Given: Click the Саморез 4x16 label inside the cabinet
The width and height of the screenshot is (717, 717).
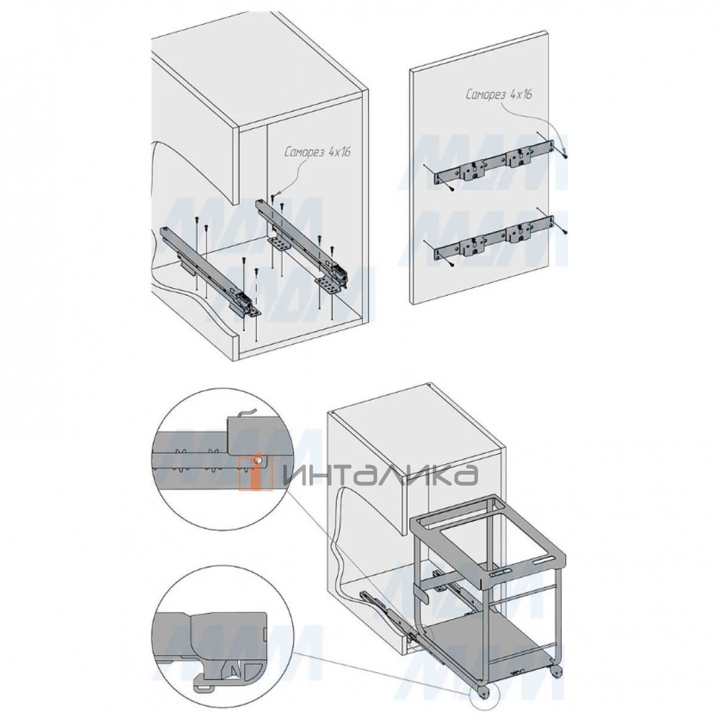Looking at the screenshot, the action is point(318,152).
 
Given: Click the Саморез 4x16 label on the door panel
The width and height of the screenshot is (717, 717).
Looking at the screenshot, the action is point(498,94).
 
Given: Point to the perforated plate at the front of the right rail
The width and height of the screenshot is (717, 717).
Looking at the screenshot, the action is point(330,287).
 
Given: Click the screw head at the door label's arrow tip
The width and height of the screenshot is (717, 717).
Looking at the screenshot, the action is point(566,157).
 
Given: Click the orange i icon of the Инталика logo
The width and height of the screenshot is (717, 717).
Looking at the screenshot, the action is point(256,473).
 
